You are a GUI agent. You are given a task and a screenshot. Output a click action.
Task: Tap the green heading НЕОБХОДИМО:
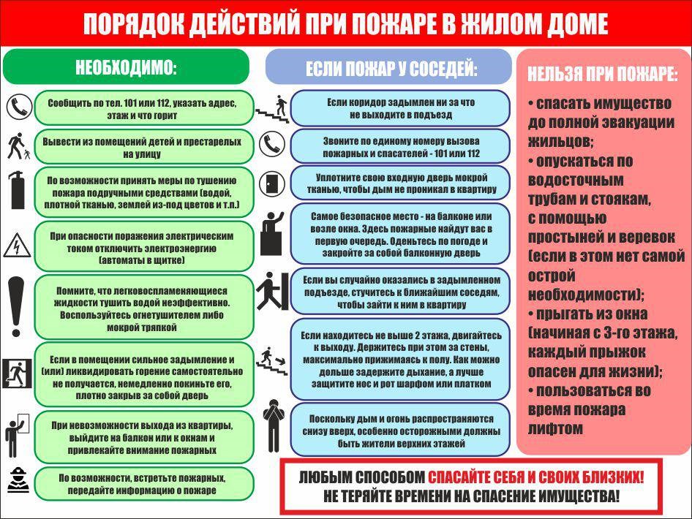(127, 67)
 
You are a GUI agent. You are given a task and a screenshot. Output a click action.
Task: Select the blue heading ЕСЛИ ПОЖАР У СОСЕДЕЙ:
(391, 69)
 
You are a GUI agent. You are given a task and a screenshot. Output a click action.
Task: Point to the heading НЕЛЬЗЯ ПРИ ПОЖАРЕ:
(603, 74)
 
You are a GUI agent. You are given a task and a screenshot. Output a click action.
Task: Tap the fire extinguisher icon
(18, 191)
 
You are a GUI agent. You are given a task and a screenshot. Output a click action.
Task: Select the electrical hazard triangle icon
(18, 246)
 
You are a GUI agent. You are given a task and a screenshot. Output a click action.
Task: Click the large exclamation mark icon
(16, 306)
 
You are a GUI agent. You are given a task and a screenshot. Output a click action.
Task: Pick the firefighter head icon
(18, 480)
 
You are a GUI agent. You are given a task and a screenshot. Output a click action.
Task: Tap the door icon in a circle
(272, 183)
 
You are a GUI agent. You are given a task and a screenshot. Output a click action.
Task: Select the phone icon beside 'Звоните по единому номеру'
(272, 144)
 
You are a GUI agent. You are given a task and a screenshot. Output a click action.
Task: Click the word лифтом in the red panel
(555, 428)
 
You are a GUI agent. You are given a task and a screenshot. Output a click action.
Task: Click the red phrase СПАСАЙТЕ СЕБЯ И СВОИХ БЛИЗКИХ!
(535, 477)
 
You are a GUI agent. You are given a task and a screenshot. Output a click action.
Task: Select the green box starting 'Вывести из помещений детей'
(144, 147)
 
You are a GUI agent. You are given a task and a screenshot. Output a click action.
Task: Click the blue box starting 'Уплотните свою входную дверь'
(400, 183)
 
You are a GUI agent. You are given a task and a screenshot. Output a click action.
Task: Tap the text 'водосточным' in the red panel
(576, 181)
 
